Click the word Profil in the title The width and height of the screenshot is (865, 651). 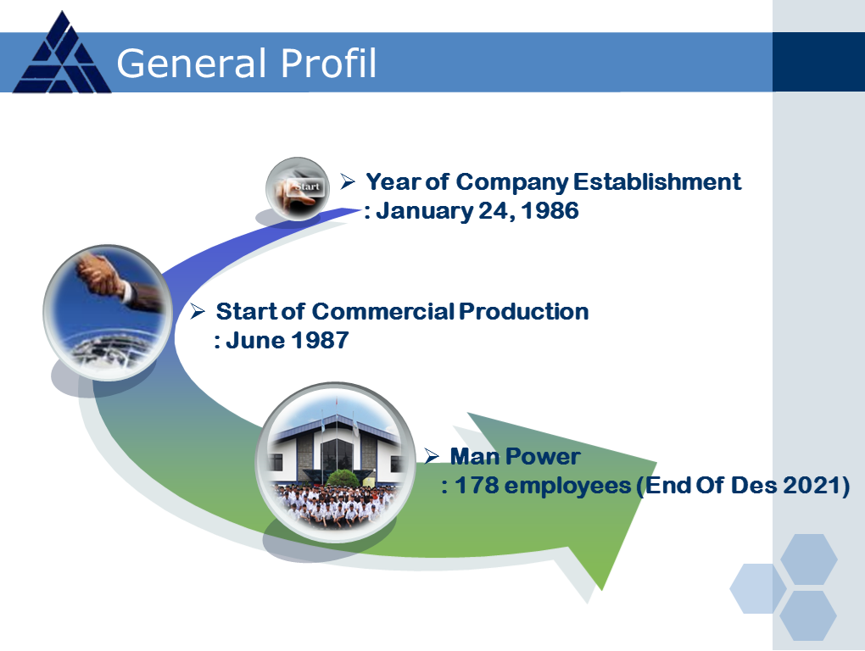point(329,63)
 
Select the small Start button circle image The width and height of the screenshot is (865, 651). point(298,189)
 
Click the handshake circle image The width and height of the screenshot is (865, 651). point(109,313)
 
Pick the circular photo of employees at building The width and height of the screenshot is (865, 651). point(336,462)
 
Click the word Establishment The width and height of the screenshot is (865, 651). point(657,182)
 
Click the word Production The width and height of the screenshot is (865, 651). point(523,311)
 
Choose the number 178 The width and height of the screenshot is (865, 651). point(477,485)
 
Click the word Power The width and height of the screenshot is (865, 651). point(542,456)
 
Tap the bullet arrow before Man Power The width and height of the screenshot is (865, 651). point(432,456)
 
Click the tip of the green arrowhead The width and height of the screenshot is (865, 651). point(601,590)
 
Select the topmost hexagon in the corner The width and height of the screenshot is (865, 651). point(809,559)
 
